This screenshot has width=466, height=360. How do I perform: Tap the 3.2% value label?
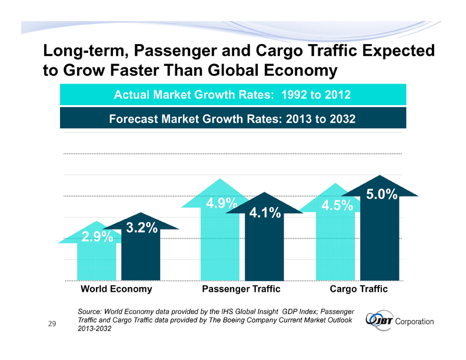point(141,227)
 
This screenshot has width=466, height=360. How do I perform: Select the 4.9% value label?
point(221,204)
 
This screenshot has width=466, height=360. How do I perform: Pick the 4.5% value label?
point(337,206)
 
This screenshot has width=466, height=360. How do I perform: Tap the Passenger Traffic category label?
point(241,289)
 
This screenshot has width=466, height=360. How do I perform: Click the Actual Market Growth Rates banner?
point(232,94)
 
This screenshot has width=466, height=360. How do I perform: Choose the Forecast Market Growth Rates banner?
point(232,118)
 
